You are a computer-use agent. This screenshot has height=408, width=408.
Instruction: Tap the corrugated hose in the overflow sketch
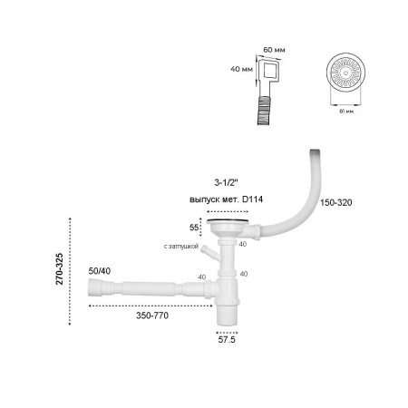(265, 109)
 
